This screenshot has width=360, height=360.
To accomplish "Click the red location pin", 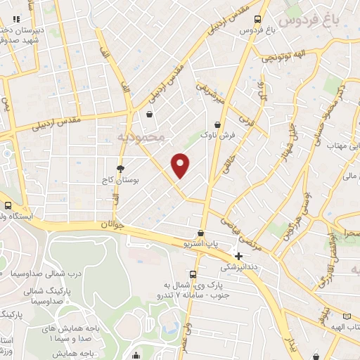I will click(181, 165).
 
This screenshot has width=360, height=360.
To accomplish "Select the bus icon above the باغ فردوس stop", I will click(258, 19).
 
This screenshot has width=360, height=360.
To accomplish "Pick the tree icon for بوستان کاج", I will click(120, 169).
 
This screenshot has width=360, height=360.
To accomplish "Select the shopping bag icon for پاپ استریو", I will click(202, 233).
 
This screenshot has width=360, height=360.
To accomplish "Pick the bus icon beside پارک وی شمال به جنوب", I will click(193, 274).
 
